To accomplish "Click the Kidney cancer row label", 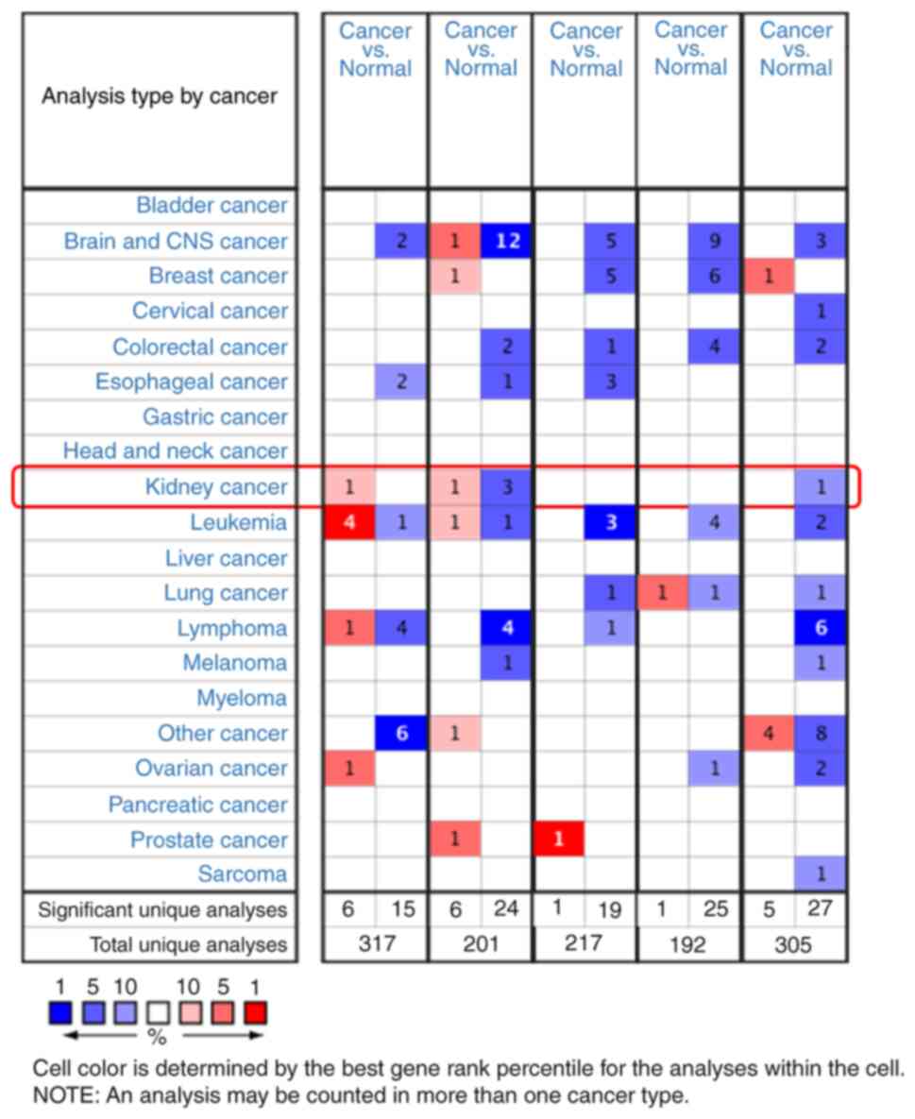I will [x=215, y=487].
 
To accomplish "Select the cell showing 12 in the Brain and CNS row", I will [x=506, y=241].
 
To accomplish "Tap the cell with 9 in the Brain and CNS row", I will [x=715, y=241].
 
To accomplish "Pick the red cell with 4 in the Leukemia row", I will [x=349, y=522].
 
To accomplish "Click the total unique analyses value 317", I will [x=375, y=944].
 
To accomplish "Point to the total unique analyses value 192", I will [x=689, y=944].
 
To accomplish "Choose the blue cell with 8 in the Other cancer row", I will [x=821, y=733].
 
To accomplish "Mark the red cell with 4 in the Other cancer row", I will [x=769, y=733].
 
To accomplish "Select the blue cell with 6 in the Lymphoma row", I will [x=821, y=628].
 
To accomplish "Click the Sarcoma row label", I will [x=242, y=874].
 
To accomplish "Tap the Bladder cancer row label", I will [x=212, y=206].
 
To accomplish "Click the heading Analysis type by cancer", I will [x=160, y=96].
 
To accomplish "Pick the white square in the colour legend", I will [x=158, y=1013].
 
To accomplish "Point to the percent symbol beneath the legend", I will [x=158, y=1037].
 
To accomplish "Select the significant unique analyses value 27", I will [x=821, y=910].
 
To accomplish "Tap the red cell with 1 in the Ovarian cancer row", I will [x=349, y=769].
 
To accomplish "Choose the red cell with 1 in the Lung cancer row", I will [x=662, y=593].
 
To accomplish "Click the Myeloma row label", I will [x=242, y=699].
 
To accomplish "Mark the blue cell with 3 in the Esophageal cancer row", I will [x=611, y=381].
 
